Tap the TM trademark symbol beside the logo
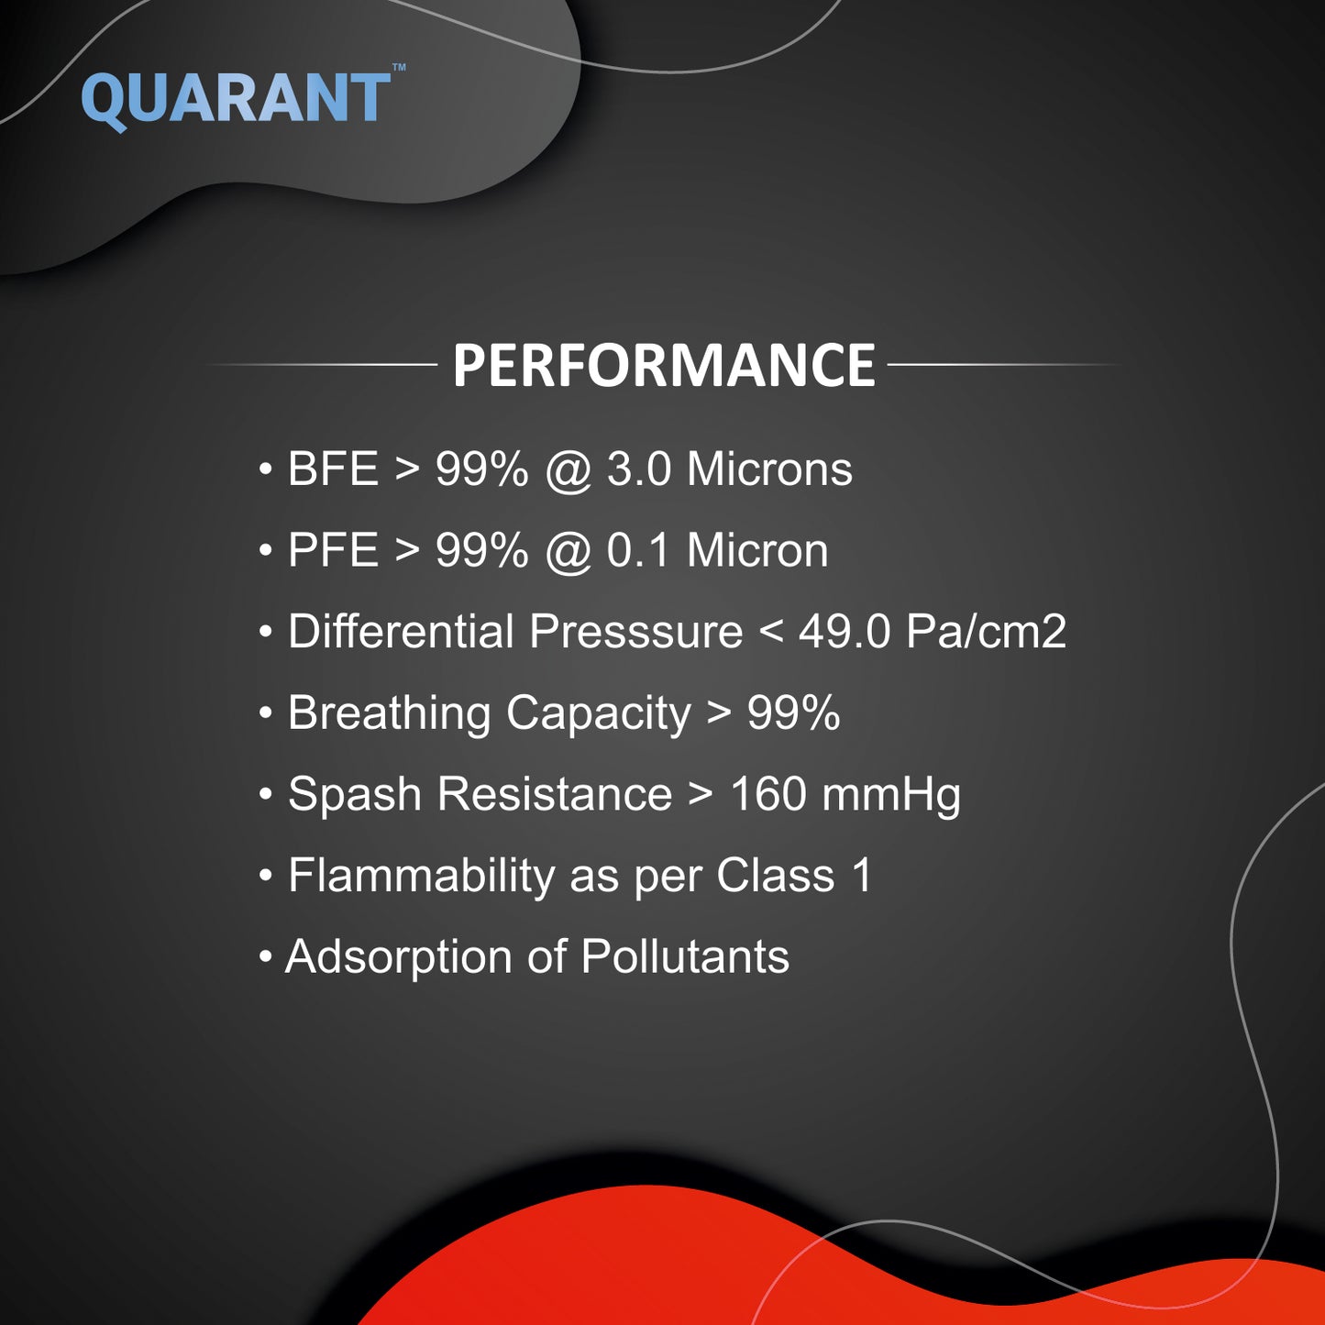pos(399,67)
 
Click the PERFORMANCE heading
pos(664,365)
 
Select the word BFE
pos(333,469)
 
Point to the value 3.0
pos(638,469)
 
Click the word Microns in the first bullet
pos(769,469)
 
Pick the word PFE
pos(333,550)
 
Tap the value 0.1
pos(638,550)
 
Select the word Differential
pos(401,631)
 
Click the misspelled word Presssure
pos(636,631)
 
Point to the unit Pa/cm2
pos(986,631)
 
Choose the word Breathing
pos(389,713)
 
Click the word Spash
pos(355,795)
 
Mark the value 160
pos(768,793)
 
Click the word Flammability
pos(422,876)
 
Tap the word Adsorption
pos(398,957)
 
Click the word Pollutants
pos(685,955)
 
